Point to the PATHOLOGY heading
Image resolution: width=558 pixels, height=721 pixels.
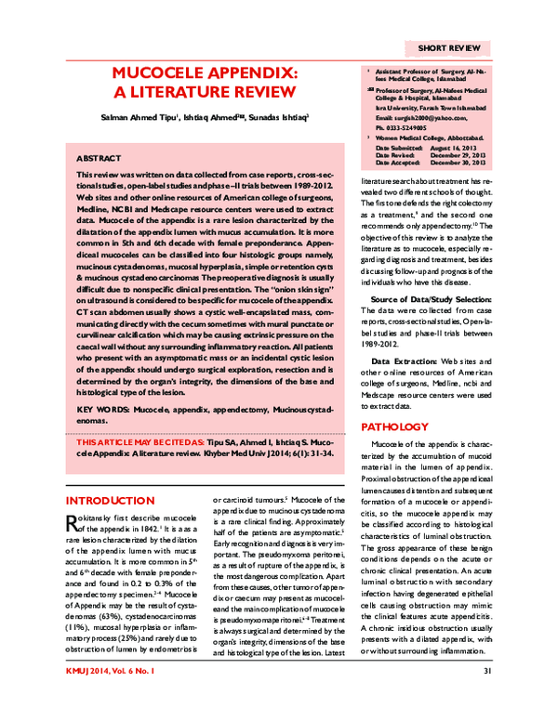coord(396,426)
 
